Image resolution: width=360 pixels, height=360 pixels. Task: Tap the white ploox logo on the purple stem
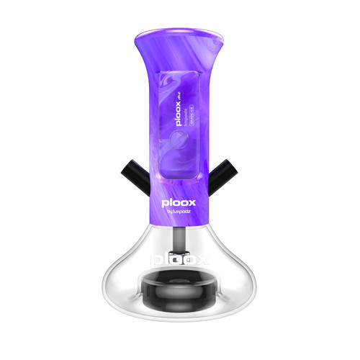click(179, 204)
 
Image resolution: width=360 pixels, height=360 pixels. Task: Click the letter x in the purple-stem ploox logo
click(195, 204)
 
